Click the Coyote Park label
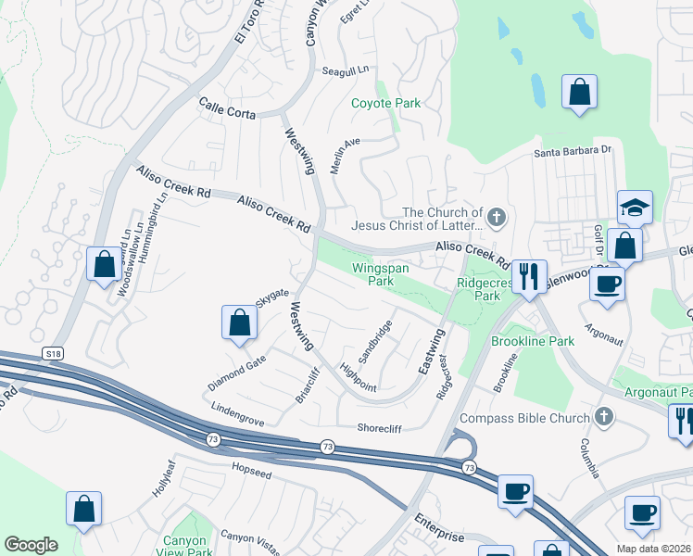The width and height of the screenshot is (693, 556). [385, 104]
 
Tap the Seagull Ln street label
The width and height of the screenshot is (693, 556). [345, 70]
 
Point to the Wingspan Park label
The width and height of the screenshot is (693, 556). [380, 273]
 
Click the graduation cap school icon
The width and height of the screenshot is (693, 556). [636, 208]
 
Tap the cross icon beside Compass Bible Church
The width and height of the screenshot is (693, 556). [605, 418]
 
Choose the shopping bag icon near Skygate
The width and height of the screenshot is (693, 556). [239, 323]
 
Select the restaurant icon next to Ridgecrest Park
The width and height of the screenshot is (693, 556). [529, 277]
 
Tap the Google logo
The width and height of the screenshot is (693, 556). [31, 544]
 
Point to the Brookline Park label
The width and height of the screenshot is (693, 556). [533, 341]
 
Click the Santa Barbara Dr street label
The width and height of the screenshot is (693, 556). [573, 150]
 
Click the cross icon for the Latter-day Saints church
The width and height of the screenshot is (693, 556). [496, 218]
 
